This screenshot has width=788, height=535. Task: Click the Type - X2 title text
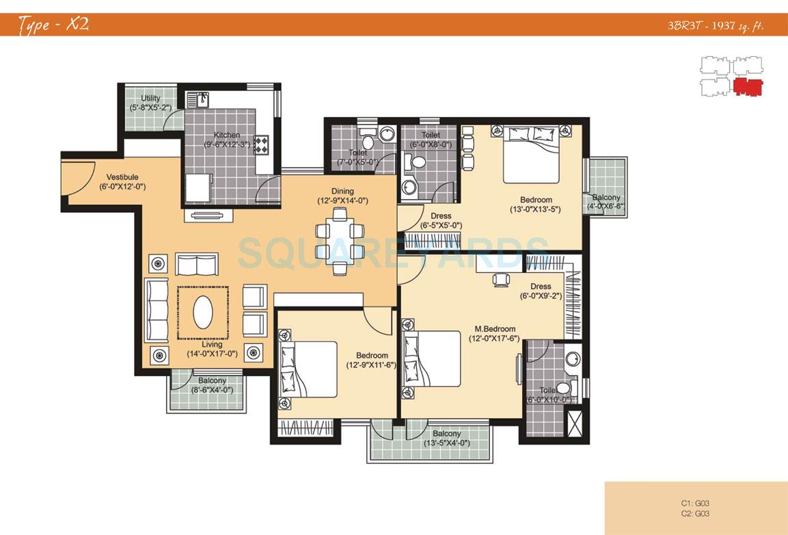tap(53, 25)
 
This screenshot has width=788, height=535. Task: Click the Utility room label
tap(150, 99)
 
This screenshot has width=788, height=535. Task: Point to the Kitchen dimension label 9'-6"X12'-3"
tap(226, 144)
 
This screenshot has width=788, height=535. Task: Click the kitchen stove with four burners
tap(261, 144)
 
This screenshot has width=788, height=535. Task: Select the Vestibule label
tap(122, 177)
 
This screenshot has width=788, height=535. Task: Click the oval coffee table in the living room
tap(203, 314)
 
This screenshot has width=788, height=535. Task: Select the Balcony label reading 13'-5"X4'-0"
tap(446, 438)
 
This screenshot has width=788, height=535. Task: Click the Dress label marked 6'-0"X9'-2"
tap(540, 291)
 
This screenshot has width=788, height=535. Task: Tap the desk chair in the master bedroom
tap(501, 278)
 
